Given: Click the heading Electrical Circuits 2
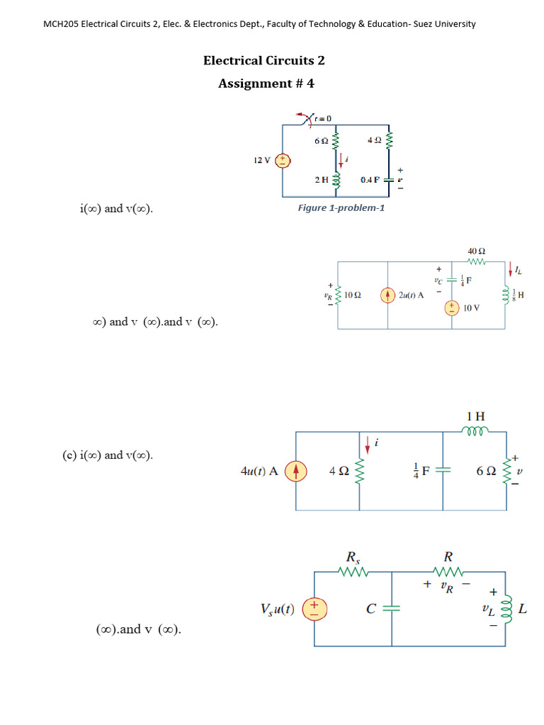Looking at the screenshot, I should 264,60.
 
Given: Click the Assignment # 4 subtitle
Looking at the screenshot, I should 266,84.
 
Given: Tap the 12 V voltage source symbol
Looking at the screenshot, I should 283,161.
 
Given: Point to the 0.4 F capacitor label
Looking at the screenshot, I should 370,180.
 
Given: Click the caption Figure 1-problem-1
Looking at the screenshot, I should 341,208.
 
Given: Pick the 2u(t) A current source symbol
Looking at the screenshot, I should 387,295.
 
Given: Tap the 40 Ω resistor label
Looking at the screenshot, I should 476,251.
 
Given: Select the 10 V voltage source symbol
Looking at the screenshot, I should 450,307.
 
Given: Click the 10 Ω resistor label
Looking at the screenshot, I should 353,295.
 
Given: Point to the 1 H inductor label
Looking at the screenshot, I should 476,416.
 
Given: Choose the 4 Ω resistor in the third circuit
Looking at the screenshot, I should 361,470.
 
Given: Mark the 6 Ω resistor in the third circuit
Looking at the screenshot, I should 506,470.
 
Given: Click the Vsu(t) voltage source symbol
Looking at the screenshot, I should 314,609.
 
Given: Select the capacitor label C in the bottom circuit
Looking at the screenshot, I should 370,609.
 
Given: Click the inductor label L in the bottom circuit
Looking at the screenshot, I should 522,608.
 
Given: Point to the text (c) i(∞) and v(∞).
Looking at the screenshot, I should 107,455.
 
